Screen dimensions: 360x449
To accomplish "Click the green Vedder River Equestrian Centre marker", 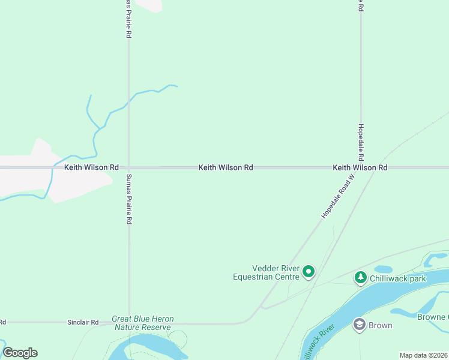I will point(309,272).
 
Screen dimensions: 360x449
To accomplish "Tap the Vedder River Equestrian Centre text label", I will point(266,272).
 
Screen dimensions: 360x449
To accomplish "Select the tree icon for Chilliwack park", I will point(360,277).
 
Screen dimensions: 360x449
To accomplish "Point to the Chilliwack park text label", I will point(398,279).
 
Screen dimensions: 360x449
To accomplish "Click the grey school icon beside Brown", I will point(360,325).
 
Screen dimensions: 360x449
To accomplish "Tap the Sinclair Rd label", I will point(83,322).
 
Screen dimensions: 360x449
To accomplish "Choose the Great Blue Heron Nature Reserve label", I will point(142,323).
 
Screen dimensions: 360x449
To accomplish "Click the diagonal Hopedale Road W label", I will point(338,197).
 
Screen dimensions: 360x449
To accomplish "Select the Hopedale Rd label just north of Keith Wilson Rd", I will point(361,142).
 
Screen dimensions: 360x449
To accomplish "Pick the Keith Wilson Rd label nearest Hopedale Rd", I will point(360,168).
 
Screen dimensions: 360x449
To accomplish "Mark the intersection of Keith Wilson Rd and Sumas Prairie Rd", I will point(128,168).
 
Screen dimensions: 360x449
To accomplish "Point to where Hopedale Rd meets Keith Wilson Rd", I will point(361,168).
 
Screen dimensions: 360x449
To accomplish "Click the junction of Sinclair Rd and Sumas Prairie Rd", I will point(129,322).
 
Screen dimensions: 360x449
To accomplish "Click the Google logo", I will point(20,353).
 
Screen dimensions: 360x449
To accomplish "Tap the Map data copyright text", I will point(423,355).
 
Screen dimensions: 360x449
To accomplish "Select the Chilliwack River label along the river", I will point(316,344).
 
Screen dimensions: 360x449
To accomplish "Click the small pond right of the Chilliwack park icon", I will point(383,269).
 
